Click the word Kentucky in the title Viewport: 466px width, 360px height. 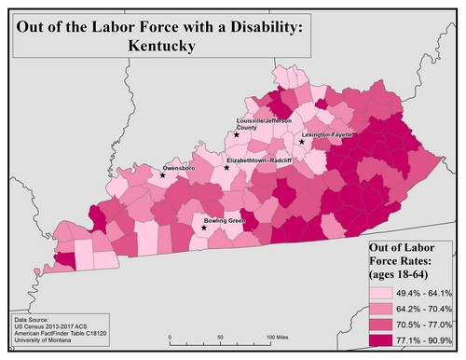[162, 45]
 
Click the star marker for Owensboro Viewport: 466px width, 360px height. [162, 175]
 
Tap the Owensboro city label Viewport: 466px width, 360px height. [179, 168]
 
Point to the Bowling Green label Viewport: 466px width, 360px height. [224, 221]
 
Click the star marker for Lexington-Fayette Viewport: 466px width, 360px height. [301, 143]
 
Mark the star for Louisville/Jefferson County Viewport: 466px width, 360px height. [237, 134]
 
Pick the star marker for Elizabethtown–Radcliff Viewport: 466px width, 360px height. [226, 168]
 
